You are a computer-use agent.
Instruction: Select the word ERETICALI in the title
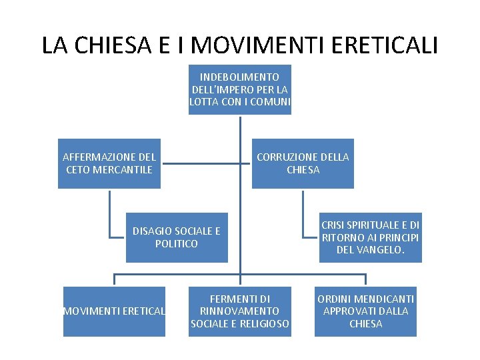coord(385,45)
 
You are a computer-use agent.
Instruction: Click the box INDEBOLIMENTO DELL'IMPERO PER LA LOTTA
coord(240,89)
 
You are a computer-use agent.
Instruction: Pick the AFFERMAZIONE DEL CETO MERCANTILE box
coord(109,163)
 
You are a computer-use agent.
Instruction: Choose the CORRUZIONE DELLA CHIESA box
coord(303,163)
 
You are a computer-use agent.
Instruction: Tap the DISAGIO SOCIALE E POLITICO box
coord(177,237)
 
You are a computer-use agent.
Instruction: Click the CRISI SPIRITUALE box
coord(371,238)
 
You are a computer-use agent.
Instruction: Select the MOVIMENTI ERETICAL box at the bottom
coord(114,311)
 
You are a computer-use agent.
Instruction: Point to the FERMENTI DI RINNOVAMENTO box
coord(240,311)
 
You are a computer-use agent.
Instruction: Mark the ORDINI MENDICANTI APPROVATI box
coord(366,311)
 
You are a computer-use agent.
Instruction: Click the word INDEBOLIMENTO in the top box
coord(240,77)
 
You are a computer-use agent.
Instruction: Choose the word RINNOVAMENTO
coord(240,311)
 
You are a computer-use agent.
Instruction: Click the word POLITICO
coord(177,244)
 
